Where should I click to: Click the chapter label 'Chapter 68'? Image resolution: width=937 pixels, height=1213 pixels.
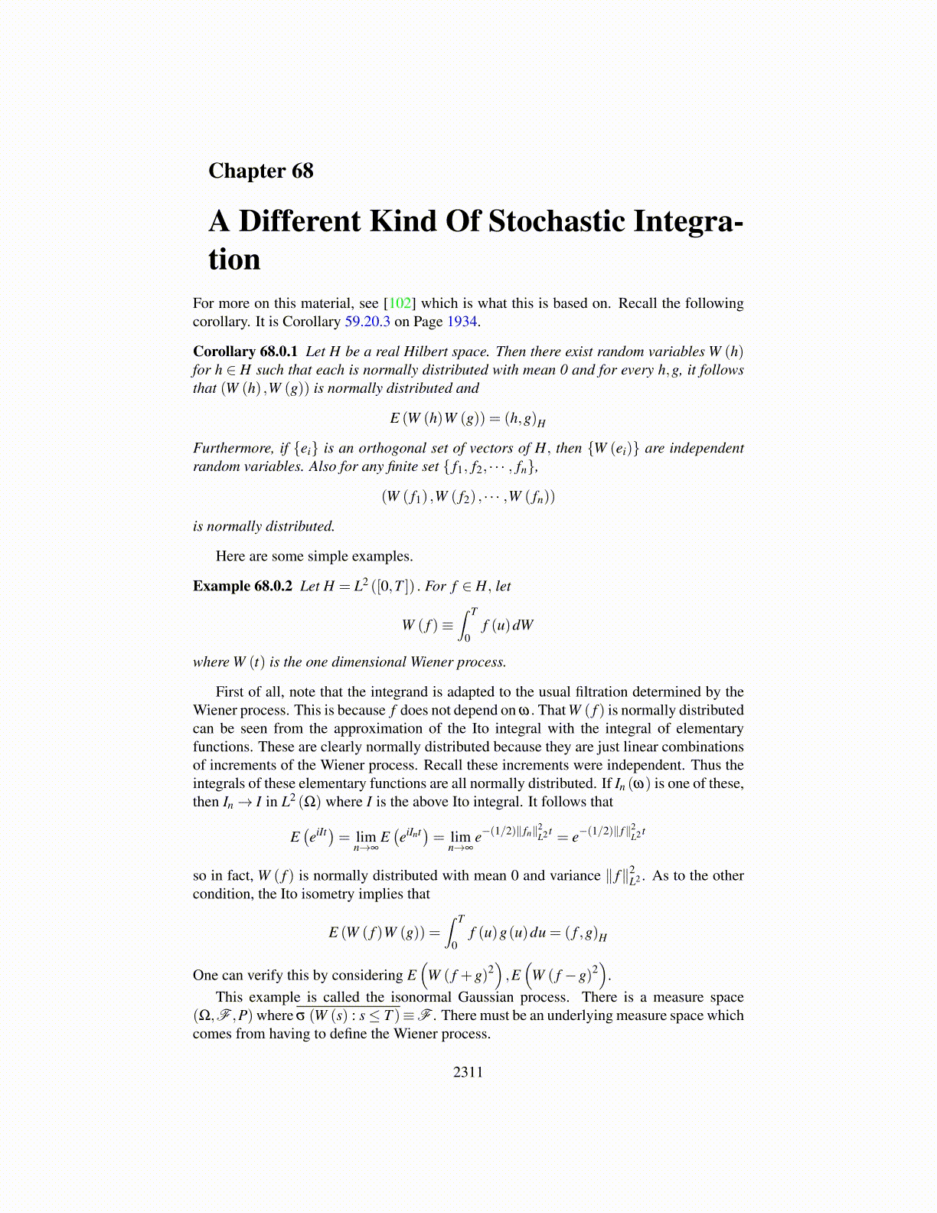(x=261, y=171)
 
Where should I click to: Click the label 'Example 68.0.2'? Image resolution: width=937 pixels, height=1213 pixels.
(x=243, y=587)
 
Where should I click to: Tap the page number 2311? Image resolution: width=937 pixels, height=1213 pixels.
(x=468, y=1072)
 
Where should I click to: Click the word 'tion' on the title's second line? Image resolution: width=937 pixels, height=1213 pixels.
(x=234, y=260)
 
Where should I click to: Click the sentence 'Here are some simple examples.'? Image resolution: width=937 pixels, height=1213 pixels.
(x=314, y=557)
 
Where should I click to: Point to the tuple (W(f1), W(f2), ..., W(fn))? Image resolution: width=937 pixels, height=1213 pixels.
(x=468, y=497)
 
